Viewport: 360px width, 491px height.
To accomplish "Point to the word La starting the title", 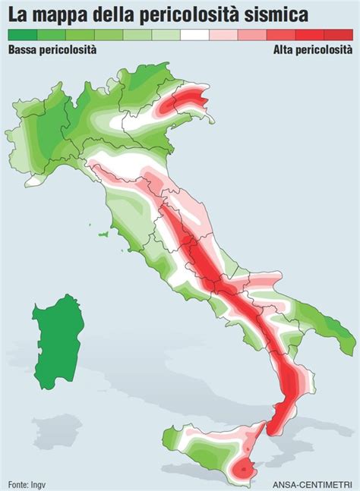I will (x=21, y=14).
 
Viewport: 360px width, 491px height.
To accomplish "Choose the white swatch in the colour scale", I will (x=194, y=35).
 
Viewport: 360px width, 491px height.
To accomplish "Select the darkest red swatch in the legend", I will (x=339, y=35).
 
